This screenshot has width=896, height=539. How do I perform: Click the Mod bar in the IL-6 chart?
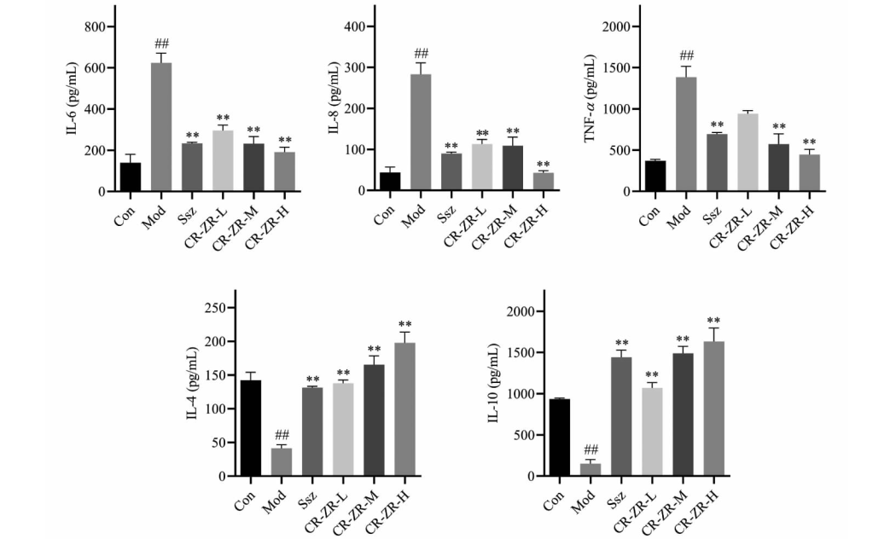coord(160,128)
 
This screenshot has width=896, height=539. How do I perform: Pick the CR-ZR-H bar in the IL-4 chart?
coord(404,409)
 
